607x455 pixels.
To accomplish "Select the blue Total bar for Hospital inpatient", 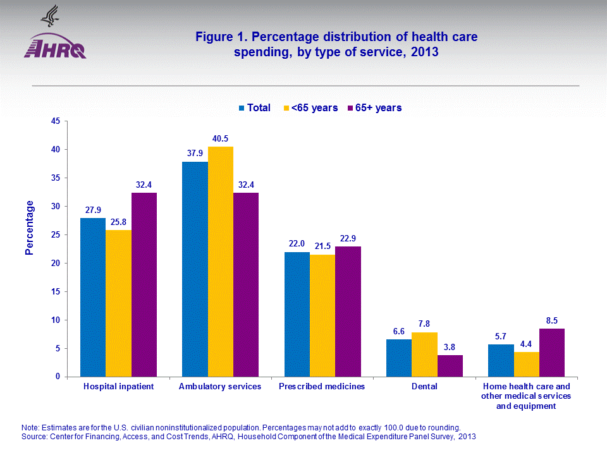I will (x=93, y=297).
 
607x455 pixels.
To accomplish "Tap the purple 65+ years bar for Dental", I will (x=450, y=366).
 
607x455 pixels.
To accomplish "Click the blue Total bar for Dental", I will (x=399, y=358).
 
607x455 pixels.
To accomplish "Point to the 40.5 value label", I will (x=220, y=138).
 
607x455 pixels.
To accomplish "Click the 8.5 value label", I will (x=552, y=320).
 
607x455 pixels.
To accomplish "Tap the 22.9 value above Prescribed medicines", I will (x=348, y=238).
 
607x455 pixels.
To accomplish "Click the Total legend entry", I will (x=254, y=108).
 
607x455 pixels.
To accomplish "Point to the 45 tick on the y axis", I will (x=55, y=121).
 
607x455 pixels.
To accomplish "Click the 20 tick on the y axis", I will (x=55, y=264).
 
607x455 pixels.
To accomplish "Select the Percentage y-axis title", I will (x=29, y=227).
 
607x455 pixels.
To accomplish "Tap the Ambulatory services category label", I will (x=220, y=387).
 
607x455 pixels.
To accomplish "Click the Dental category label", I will (x=424, y=387).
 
